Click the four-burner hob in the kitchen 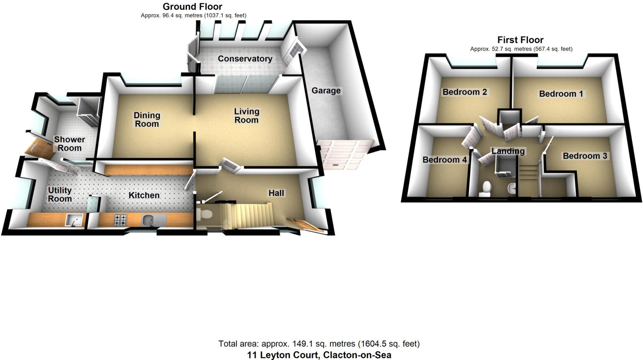(x=120, y=219)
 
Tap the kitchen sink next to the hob (x=149, y=219)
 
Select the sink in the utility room (x=72, y=219)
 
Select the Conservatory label (x=245, y=59)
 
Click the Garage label (x=326, y=90)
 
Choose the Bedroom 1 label (x=561, y=94)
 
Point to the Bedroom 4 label (x=444, y=159)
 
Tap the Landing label (x=508, y=151)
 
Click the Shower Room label (x=69, y=144)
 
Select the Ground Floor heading (x=192, y=7)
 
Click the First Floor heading (x=520, y=40)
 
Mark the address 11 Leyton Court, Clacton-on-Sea (x=319, y=355)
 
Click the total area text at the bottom (x=319, y=344)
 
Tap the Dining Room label (x=147, y=119)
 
